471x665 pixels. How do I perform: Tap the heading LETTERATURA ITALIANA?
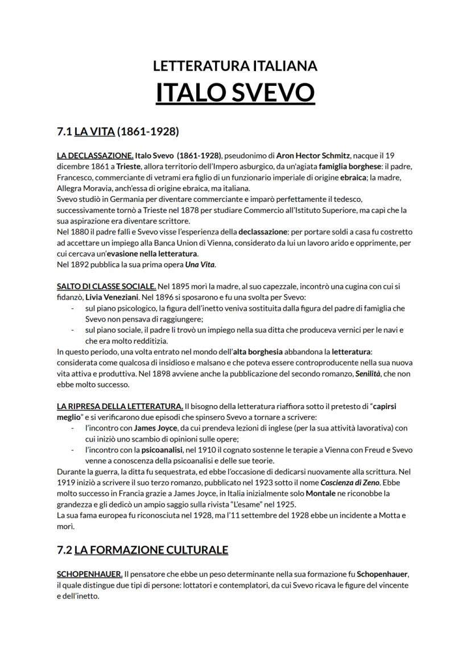(235, 66)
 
